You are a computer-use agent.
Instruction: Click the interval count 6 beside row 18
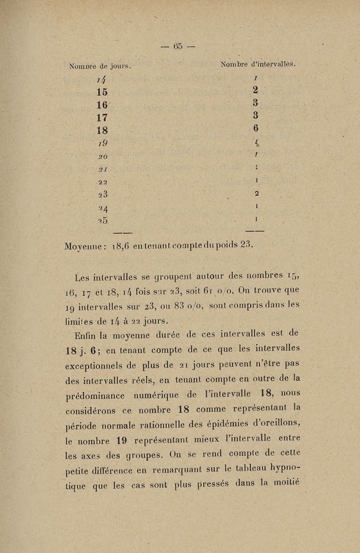(x=256, y=128)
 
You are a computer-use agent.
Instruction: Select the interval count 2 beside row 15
(x=255, y=90)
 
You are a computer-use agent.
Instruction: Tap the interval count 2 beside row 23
(x=256, y=193)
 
